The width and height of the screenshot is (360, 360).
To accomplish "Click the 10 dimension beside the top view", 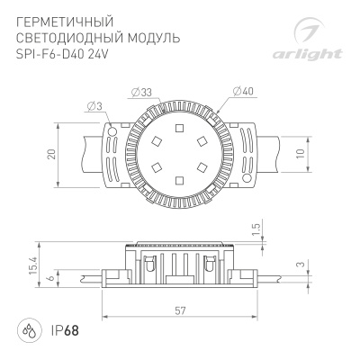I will [310, 153].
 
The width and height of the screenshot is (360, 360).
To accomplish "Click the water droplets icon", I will [31, 330].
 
